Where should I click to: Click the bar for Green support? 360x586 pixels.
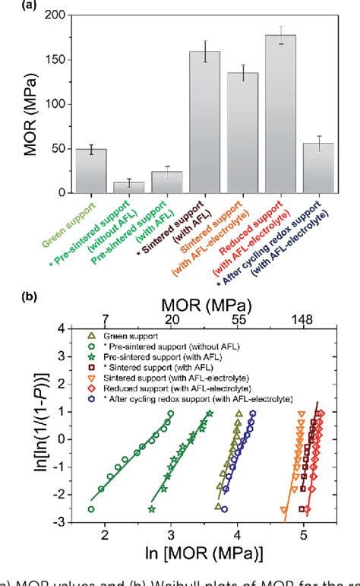[x=90, y=171]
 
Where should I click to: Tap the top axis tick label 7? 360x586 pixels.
[x=105, y=322]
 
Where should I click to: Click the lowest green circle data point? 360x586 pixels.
[x=91, y=509]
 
